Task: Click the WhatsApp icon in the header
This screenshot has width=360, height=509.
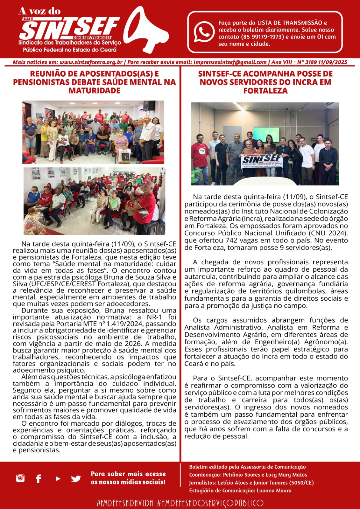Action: pyautogui.click(x=204, y=31)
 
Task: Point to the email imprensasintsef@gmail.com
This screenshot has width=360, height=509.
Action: pyautogui.click(x=230, y=62)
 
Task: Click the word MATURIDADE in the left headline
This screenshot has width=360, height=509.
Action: pyautogui.click(x=94, y=91)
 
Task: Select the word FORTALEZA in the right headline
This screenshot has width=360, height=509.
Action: pyautogui.click(x=265, y=91)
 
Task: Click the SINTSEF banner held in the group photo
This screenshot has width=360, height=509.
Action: pyautogui.click(x=262, y=160)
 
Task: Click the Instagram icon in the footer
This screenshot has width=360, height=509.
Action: pyautogui.click(x=20, y=478)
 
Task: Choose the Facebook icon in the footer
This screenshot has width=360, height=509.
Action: pyautogui.click(x=39, y=478)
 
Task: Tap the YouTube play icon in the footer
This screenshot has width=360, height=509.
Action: pyautogui.click(x=58, y=478)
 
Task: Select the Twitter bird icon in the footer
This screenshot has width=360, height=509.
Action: pyautogui.click(x=76, y=478)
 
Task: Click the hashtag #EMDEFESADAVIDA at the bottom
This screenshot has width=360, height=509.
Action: pyautogui.click(x=125, y=503)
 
